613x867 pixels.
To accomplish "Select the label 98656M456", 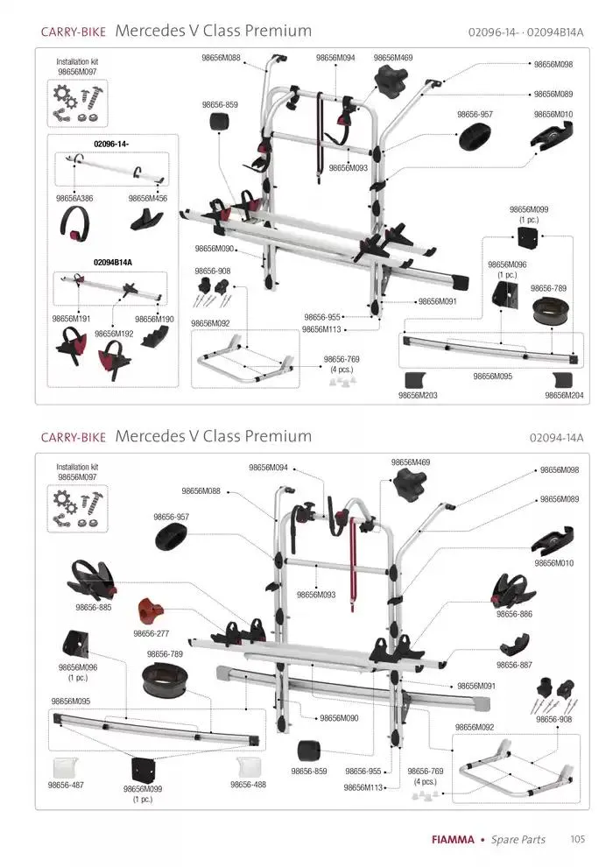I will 148,199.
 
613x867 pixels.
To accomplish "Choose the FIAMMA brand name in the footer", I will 453,839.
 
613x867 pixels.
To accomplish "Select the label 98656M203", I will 418,395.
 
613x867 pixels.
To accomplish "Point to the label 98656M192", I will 114,334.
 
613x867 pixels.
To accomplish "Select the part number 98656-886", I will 514,614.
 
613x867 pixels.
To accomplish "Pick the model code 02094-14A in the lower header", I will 557,438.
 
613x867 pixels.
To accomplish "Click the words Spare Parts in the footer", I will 518,839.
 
